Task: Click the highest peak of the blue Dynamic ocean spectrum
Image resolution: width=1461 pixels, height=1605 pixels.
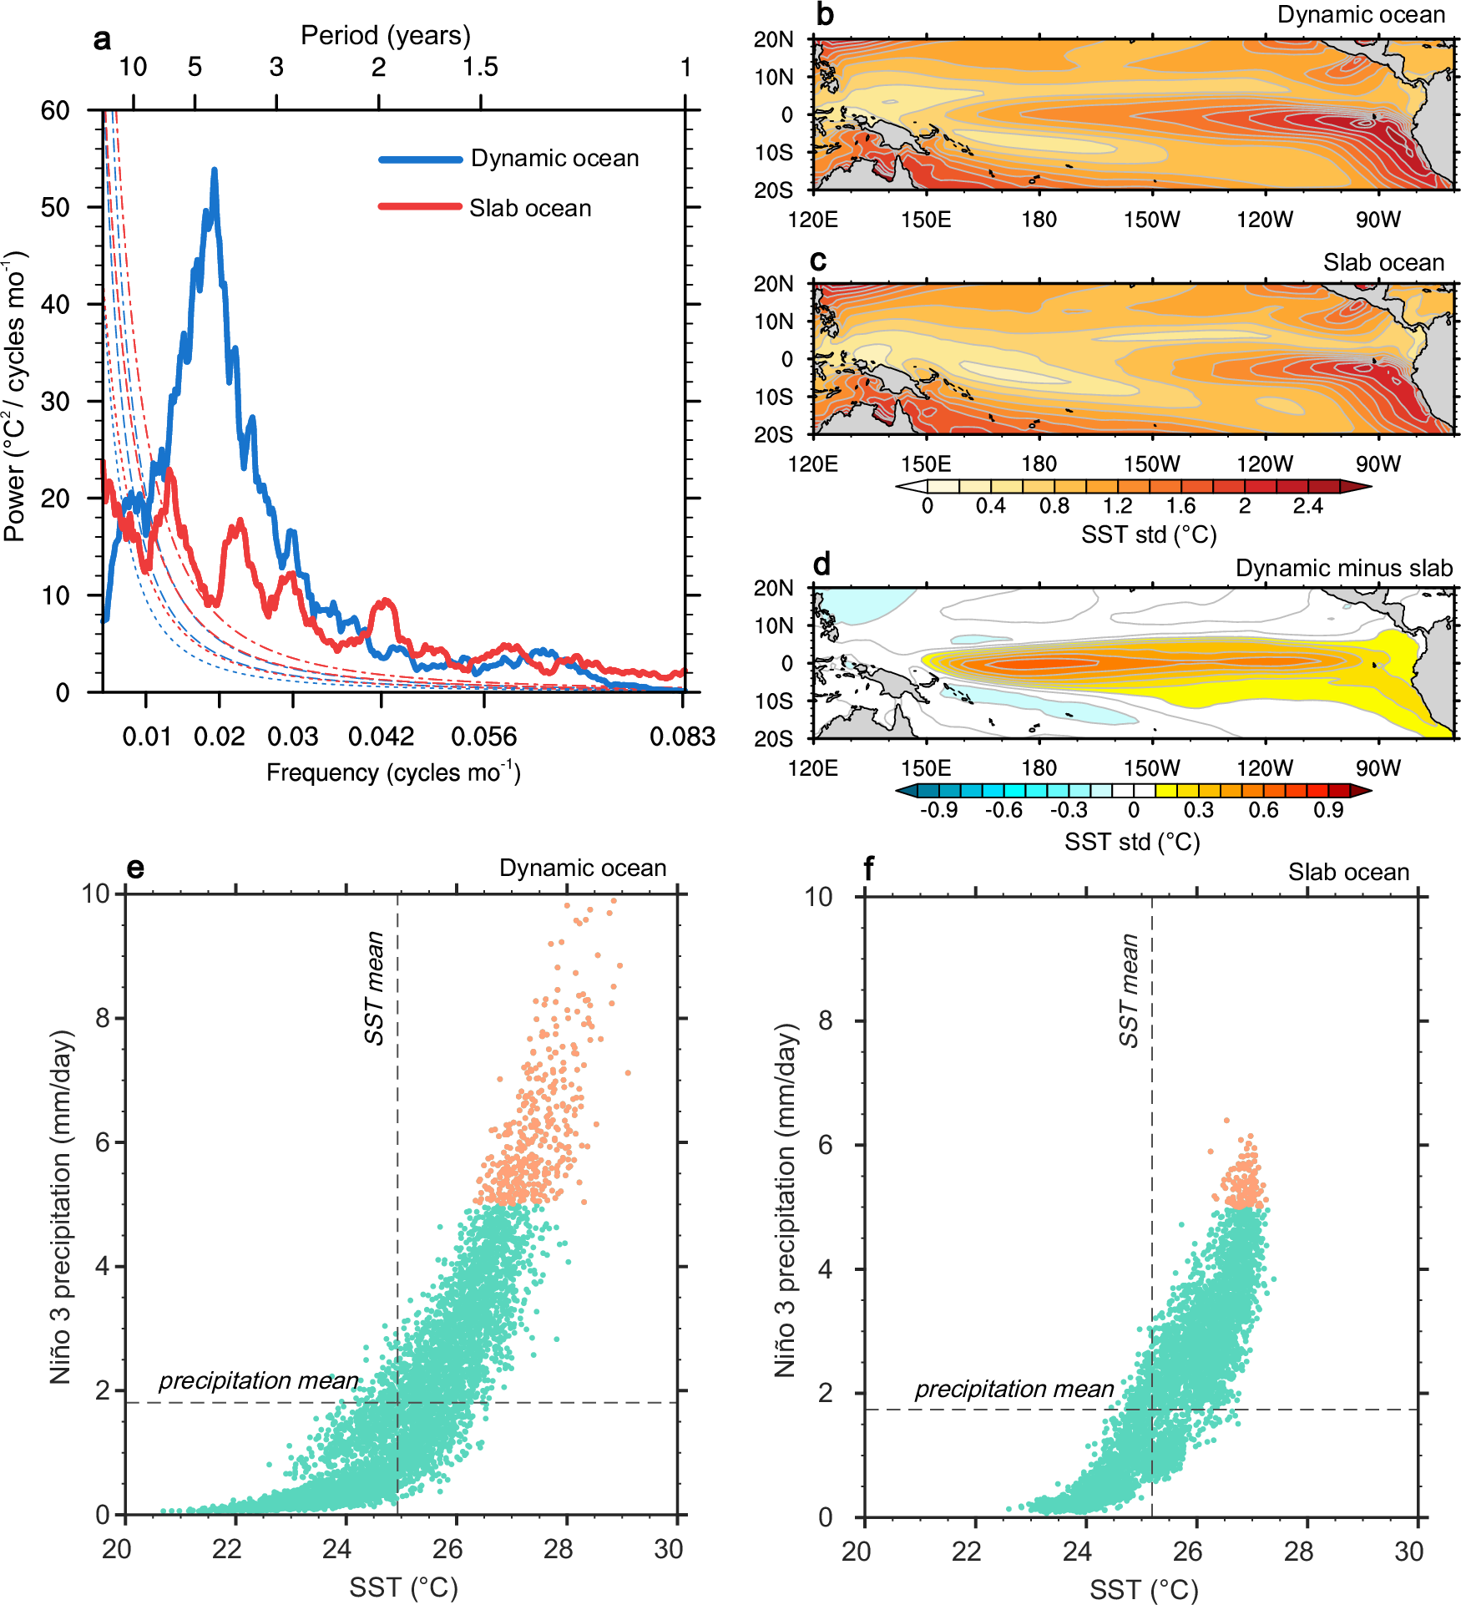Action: point(215,170)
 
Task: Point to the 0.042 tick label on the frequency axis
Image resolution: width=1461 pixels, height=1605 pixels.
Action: point(381,737)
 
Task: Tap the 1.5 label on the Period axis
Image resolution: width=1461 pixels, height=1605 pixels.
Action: point(480,67)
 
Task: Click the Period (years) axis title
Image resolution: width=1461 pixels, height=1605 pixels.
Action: point(386,35)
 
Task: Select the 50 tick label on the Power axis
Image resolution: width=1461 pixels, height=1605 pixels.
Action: point(55,207)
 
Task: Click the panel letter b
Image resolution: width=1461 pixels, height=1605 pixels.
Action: point(825,14)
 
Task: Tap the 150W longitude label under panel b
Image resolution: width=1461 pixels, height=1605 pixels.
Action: point(1151,220)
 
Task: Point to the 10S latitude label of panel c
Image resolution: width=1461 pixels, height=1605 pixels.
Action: point(773,397)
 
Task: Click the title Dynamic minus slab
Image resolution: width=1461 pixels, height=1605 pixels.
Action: point(1344,568)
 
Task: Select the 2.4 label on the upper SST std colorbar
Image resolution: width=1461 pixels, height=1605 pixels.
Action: point(1307,506)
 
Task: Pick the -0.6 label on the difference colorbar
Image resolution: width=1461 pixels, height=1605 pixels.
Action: point(1003,810)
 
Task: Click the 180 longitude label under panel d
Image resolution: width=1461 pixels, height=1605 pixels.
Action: point(1039,768)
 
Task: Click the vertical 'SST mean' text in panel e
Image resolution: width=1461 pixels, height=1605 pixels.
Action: point(375,988)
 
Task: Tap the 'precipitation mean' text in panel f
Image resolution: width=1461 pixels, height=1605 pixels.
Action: point(1014,1389)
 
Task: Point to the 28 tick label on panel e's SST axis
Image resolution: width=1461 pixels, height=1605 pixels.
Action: point(558,1549)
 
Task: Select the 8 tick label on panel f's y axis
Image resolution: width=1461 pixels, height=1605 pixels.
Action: point(825,1020)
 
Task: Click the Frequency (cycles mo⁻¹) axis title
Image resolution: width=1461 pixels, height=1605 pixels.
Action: point(393,772)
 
